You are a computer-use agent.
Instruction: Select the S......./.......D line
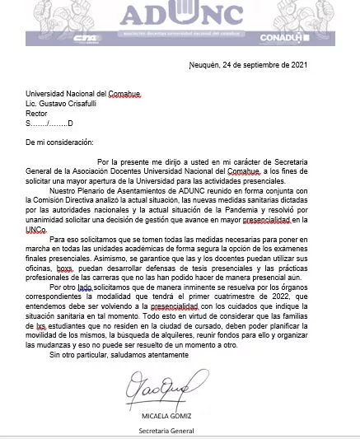tap(50, 124)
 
